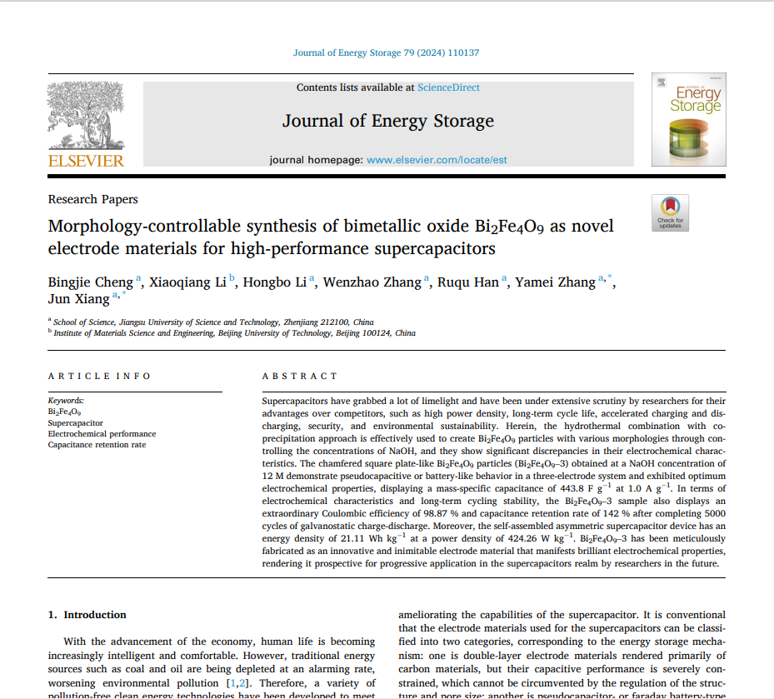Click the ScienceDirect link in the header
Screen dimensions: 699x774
(x=448, y=87)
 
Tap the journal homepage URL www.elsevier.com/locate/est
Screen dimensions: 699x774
(x=437, y=160)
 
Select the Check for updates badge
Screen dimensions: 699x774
(x=670, y=212)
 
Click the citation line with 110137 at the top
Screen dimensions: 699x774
(x=386, y=53)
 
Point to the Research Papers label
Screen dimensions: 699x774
(x=93, y=199)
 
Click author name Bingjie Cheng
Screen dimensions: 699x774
(x=90, y=282)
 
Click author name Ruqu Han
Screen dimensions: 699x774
(x=469, y=282)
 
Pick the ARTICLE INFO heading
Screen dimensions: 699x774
(x=100, y=376)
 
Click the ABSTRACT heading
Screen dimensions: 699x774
(x=300, y=376)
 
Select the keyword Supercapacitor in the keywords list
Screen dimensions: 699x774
(x=76, y=422)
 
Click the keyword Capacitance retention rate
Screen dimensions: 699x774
(x=97, y=444)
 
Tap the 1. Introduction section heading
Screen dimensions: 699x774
(x=87, y=615)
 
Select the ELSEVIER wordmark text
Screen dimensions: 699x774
(x=86, y=161)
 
